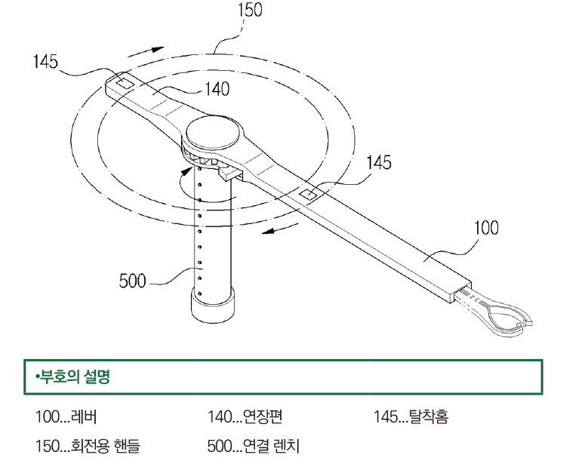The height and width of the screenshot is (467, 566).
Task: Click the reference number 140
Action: [217, 89]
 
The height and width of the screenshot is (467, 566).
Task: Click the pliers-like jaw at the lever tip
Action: [505, 314]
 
